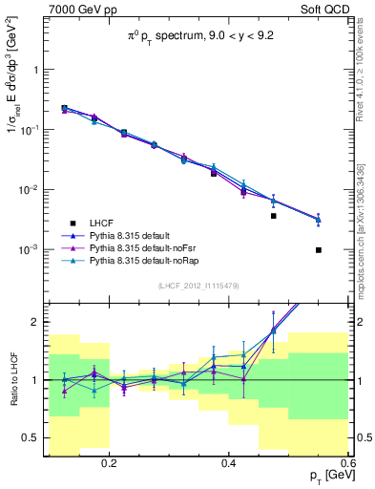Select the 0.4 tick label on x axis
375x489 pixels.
coord(228,461)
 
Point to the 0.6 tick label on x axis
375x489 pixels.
coord(346,461)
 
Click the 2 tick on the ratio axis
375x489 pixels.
coord(36,323)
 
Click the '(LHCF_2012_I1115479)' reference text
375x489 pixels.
coord(198,286)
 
